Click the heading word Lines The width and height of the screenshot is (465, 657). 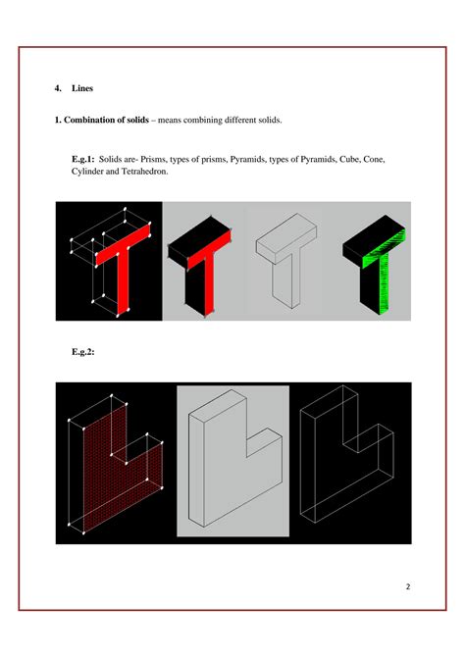(x=82, y=89)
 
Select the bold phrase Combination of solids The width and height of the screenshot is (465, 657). (x=107, y=121)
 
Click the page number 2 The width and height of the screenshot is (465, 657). (x=407, y=586)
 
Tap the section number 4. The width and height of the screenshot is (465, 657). (x=57, y=89)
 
